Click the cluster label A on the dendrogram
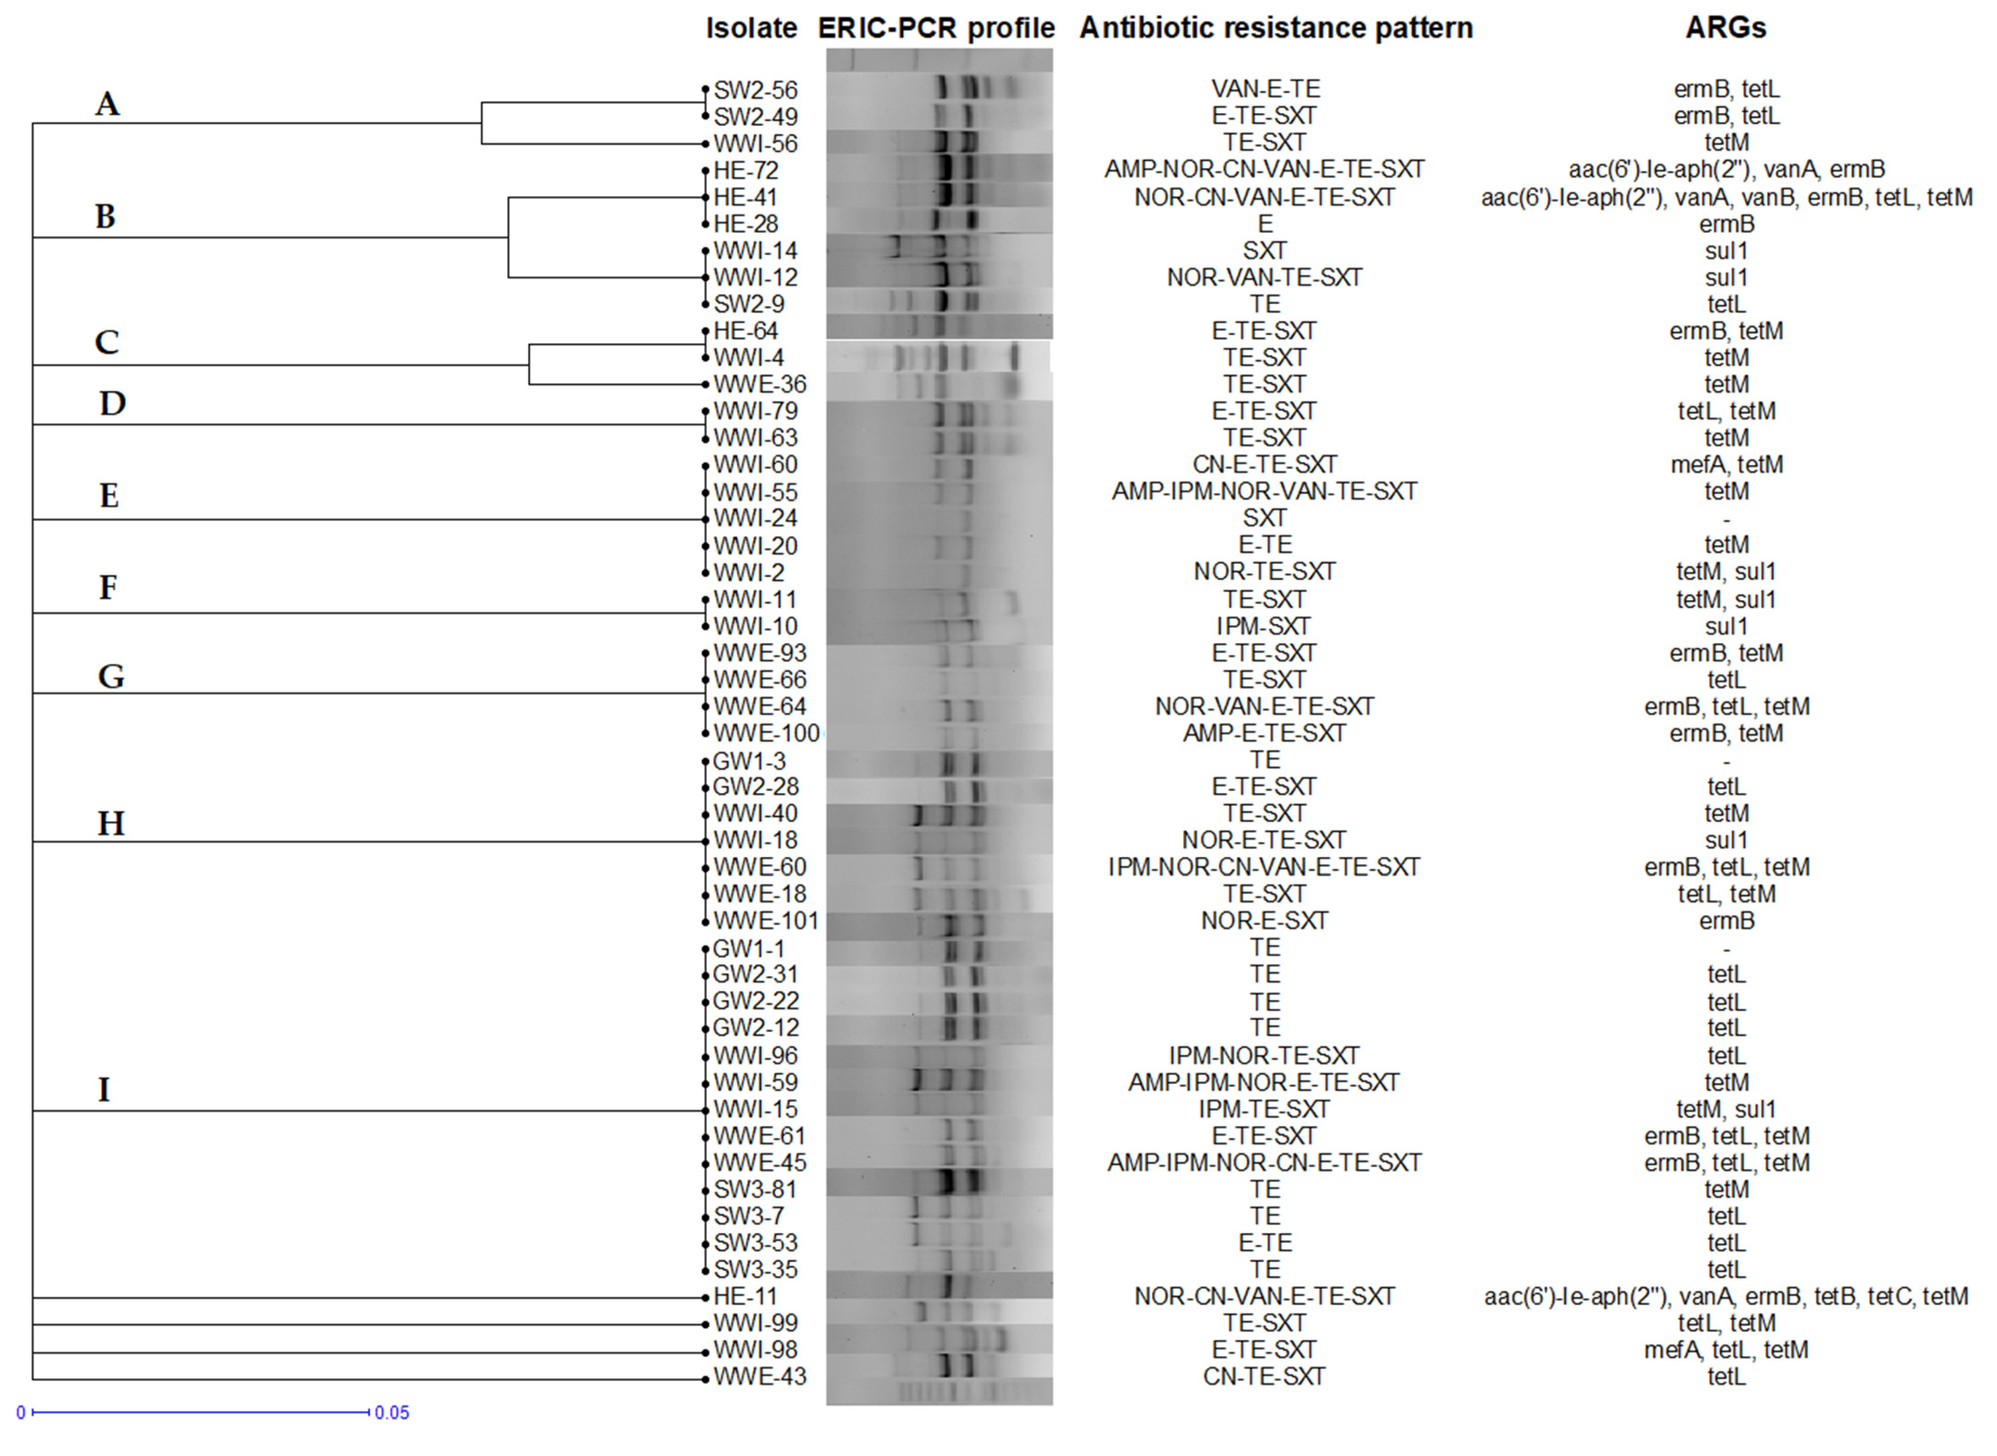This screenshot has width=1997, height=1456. coord(107,104)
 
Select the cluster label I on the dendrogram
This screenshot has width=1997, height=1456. coord(104,1090)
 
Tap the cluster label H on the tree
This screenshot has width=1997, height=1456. coord(110,824)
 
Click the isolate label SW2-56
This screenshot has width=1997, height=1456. coord(755,90)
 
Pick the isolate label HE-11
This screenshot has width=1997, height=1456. coord(746,1296)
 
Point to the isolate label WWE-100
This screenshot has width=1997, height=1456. coord(766,733)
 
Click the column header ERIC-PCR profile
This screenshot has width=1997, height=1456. coord(936,28)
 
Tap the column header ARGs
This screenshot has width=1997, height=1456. coord(1726,28)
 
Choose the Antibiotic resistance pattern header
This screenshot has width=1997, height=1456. coord(1276,28)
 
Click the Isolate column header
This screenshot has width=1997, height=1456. coord(751,28)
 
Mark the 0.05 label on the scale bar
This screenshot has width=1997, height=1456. coord(392,1413)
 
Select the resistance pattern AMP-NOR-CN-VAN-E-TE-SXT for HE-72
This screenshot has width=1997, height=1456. coord(1265,169)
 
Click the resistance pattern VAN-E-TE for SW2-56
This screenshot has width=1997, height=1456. coord(1265,89)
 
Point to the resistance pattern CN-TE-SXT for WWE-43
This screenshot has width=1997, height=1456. coord(1265,1377)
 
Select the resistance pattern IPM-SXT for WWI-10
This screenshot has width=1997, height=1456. coord(1265,627)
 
